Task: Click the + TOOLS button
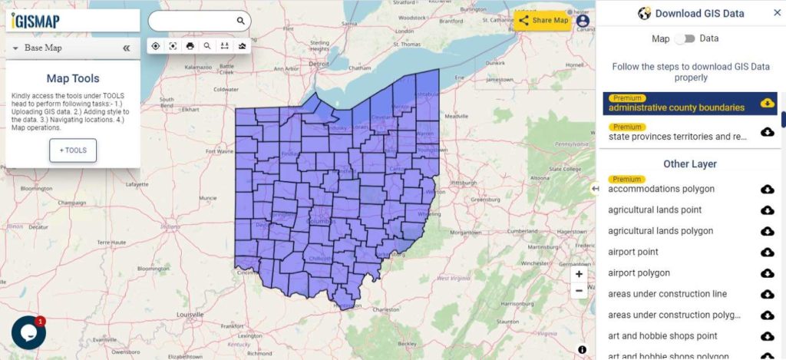[x=73, y=150]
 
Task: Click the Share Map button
[x=543, y=20]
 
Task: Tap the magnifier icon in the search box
[x=240, y=21]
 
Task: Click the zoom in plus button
[x=579, y=274]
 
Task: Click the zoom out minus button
[x=579, y=291]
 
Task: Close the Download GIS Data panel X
[x=777, y=13]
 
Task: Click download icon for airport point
[x=767, y=253]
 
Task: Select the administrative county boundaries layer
[x=676, y=107]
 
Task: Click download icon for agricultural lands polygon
[x=767, y=231]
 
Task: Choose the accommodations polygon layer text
[x=661, y=189]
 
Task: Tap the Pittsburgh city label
[x=464, y=183]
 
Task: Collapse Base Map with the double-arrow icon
[x=126, y=48]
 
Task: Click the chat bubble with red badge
[x=28, y=332]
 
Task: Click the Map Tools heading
[x=73, y=78]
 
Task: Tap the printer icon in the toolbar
[x=190, y=46]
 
